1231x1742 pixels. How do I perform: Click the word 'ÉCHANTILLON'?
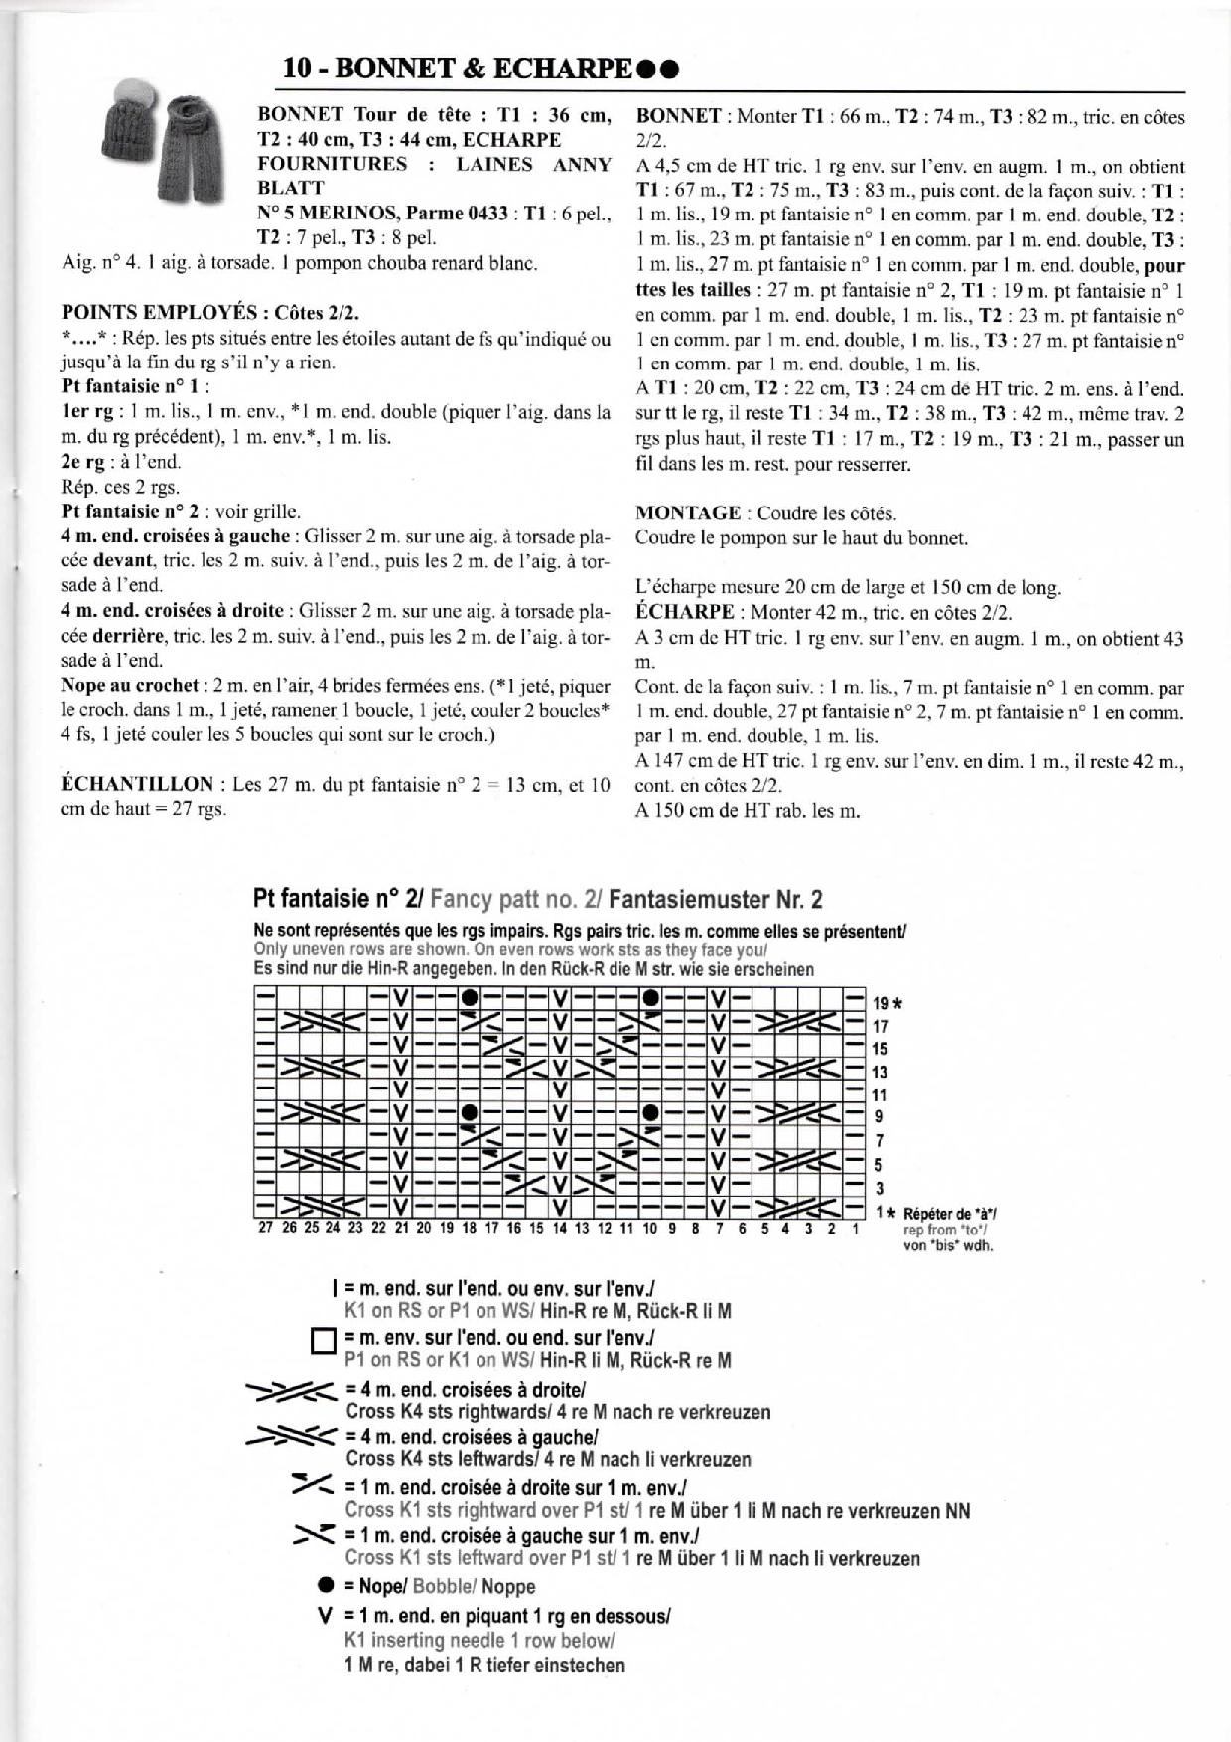click(x=137, y=784)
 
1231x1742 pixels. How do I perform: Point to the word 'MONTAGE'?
click(x=688, y=513)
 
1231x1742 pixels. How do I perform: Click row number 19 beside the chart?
click(x=880, y=1004)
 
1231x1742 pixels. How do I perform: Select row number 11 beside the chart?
click(x=880, y=1095)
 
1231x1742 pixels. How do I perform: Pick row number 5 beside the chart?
click(x=879, y=1165)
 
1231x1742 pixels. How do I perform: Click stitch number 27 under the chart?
click(x=265, y=1229)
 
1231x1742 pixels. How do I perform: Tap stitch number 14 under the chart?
click(x=559, y=1229)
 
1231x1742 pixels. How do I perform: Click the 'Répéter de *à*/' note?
click(x=950, y=1214)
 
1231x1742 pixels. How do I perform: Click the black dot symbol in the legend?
click(x=325, y=1586)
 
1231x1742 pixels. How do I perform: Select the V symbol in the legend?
click(x=325, y=1615)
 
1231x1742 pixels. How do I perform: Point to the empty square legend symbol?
click(x=325, y=1342)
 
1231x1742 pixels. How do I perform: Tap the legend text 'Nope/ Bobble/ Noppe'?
click(x=440, y=1586)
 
